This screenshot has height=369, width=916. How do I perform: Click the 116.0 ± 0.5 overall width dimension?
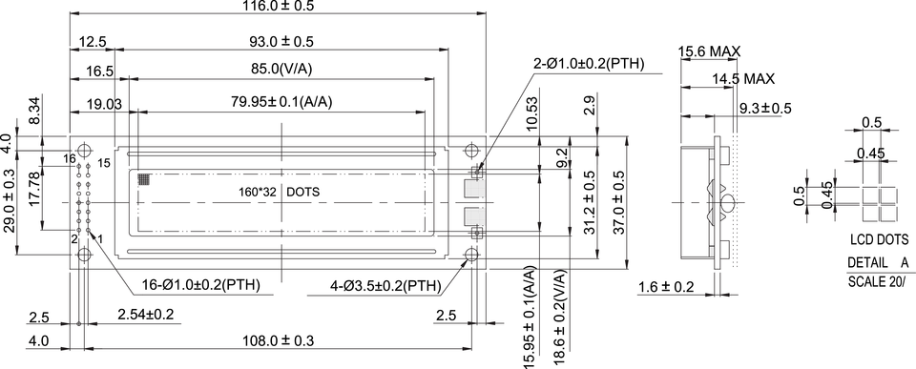(x=278, y=6)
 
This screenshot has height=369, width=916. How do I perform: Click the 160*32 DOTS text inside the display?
(x=279, y=192)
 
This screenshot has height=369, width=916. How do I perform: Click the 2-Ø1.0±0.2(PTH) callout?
(x=589, y=64)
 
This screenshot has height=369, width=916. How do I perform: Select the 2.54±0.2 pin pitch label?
(x=145, y=316)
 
